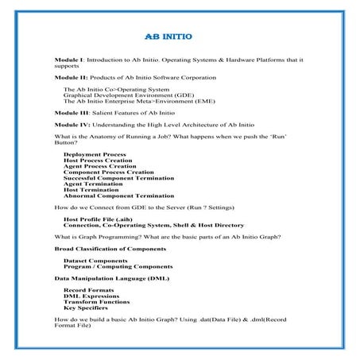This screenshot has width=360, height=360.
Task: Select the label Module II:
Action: click(x=71, y=78)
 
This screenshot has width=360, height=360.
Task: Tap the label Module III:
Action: click(x=72, y=114)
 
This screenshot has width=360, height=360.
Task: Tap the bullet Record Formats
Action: click(x=88, y=291)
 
